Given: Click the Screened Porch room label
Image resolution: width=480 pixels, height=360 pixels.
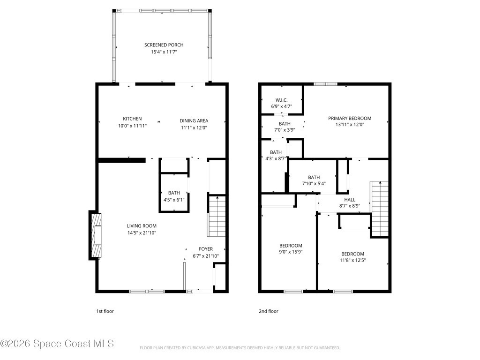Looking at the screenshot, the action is pyautogui.click(x=164, y=45).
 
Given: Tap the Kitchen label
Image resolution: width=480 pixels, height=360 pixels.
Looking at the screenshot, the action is pyautogui.click(x=132, y=119).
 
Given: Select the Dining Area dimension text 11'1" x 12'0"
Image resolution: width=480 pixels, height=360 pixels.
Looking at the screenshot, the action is pyautogui.click(x=194, y=127).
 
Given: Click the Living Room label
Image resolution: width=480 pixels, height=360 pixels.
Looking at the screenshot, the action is pyautogui.click(x=142, y=226).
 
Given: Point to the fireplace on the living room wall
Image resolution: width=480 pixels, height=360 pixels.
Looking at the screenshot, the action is pyautogui.click(x=95, y=235).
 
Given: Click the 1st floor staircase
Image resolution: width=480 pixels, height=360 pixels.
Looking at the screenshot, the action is pyautogui.click(x=217, y=216).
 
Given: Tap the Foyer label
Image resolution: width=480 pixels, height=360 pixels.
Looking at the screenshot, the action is pyautogui.click(x=206, y=249).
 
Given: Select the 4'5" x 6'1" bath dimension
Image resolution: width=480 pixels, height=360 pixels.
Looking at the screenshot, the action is pyautogui.click(x=174, y=200).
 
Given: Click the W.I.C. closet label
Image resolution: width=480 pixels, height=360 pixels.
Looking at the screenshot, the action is pyautogui.click(x=281, y=100).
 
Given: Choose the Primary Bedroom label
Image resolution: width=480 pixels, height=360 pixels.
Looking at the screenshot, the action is pyautogui.click(x=350, y=118).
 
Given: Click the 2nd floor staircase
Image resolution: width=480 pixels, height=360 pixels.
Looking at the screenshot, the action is pyautogui.click(x=380, y=209).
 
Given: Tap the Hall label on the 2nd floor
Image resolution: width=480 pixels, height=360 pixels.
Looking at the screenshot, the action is pyautogui.click(x=350, y=200).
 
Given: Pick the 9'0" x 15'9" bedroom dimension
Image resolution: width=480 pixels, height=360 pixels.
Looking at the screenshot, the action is pyautogui.click(x=291, y=252).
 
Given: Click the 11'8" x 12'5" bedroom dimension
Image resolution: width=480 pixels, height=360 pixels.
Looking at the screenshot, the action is pyautogui.click(x=352, y=260).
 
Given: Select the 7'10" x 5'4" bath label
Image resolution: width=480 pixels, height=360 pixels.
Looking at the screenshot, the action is pyautogui.click(x=314, y=184).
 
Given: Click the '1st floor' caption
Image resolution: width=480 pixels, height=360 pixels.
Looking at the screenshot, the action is pyautogui.click(x=105, y=311).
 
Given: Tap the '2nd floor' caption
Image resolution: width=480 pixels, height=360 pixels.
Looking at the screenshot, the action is pyautogui.click(x=269, y=311).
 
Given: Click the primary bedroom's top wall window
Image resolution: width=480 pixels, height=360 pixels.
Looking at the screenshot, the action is pyautogui.click(x=325, y=84).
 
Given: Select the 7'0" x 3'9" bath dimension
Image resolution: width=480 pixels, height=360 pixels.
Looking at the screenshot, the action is pyautogui.click(x=285, y=130).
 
